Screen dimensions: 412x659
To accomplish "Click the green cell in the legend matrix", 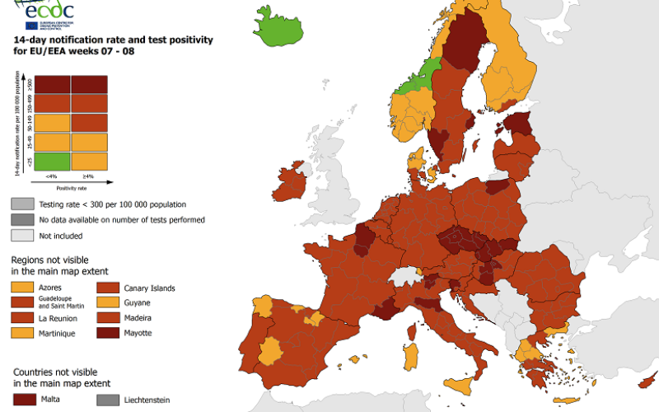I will click(x=52, y=161).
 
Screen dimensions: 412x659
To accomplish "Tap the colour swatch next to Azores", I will click(x=21, y=288).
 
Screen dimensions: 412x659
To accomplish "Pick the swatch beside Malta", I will click(x=21, y=400).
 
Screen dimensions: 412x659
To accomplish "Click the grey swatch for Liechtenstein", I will click(x=108, y=400).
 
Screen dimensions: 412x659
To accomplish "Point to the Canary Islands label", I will click(x=149, y=288).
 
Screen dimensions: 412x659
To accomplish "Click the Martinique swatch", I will click(x=21, y=332).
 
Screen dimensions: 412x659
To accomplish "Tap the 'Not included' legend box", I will click(x=21, y=236).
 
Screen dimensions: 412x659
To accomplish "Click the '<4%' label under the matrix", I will click(x=52, y=176).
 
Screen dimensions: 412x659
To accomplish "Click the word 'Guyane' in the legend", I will click(x=138, y=302).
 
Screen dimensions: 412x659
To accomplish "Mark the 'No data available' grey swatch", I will click(x=21, y=220).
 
